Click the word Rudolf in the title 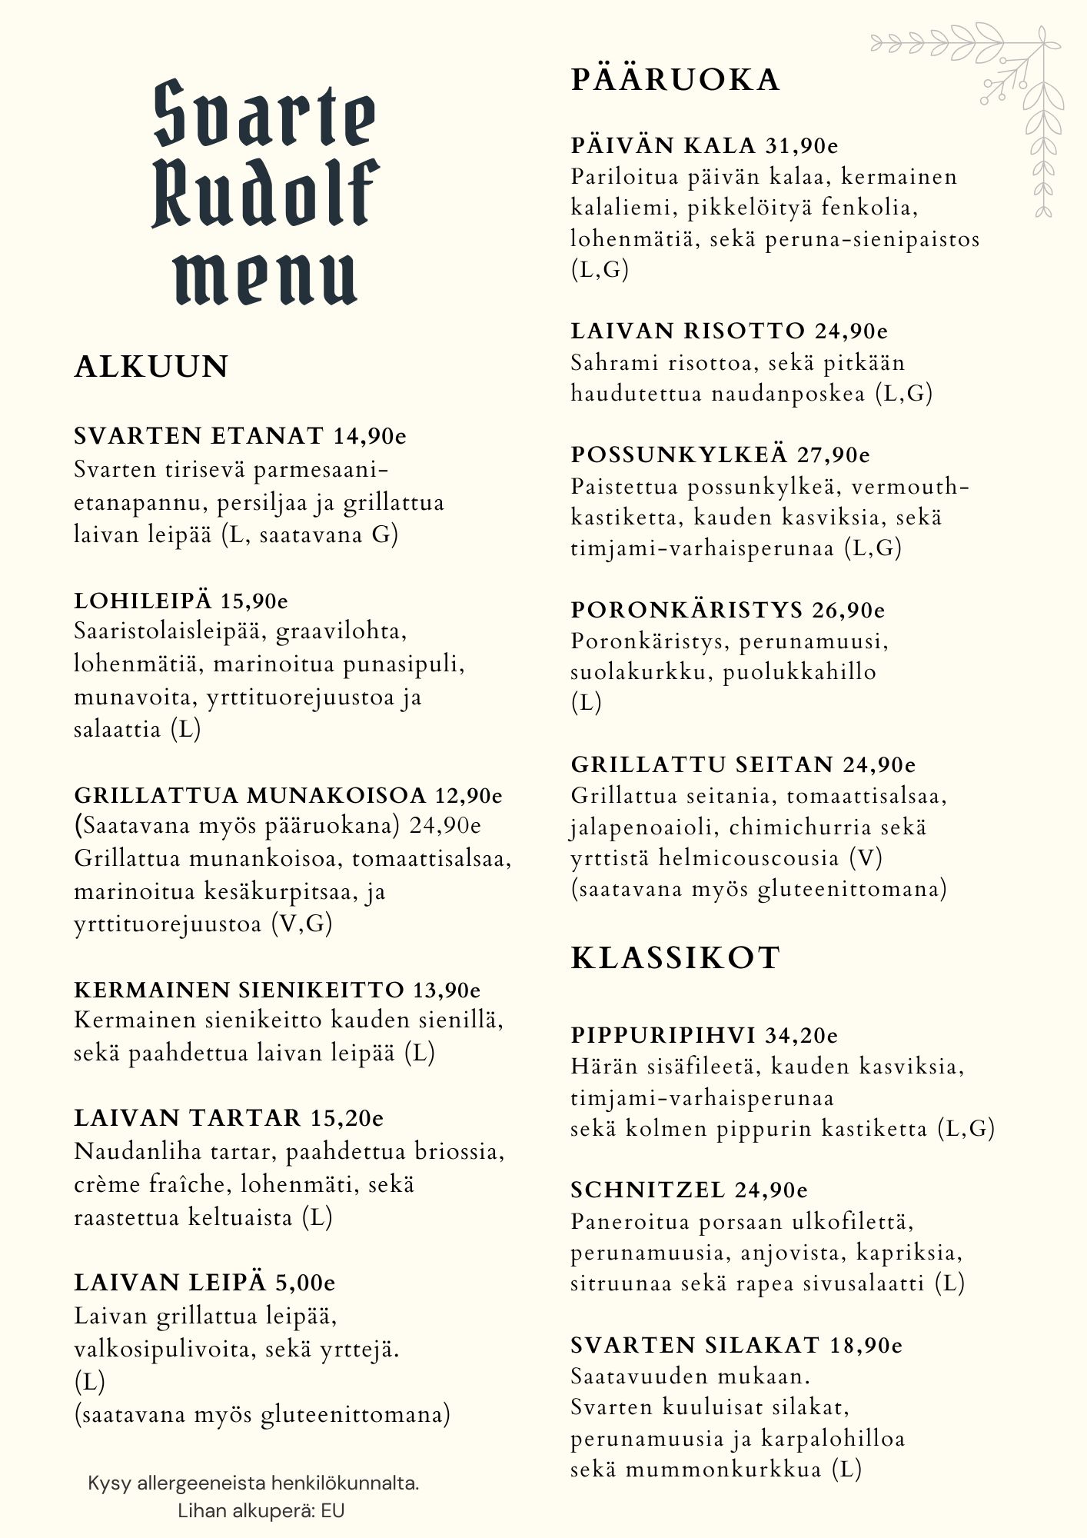point(265,193)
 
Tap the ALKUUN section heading point(151,366)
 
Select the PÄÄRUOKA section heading point(675,80)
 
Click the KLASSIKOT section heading point(676,958)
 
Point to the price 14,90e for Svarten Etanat point(370,436)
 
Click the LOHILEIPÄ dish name point(143,601)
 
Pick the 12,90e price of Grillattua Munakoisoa point(469,794)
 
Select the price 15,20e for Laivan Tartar point(347,1117)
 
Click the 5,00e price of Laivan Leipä point(306,1283)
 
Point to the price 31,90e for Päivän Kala point(802,145)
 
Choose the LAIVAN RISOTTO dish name point(687,331)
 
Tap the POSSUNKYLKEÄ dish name point(680,454)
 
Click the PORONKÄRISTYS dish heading point(686,610)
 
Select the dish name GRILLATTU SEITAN point(702,764)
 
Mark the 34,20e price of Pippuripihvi point(801,1035)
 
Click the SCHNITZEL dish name point(648,1190)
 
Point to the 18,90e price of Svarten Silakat point(866,1345)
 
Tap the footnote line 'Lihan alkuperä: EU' point(261,1510)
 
